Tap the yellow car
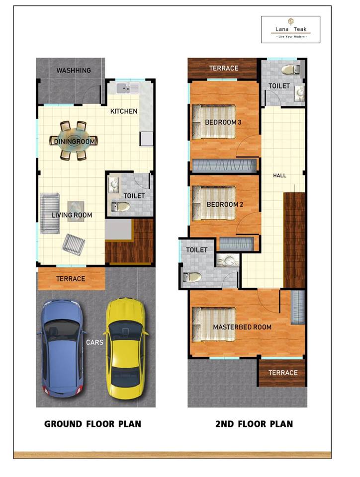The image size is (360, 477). coord(126,348)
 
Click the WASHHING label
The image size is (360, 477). coord(74,71)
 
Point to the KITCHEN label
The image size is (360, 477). coord(124,111)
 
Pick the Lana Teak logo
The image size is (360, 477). coord(290,30)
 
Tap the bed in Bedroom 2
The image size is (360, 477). coord(214,203)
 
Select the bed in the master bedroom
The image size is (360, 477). coord(214,324)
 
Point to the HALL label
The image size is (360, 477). coord(279,175)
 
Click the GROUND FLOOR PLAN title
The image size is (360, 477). coord(92,424)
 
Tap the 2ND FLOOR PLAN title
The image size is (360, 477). coord(254,424)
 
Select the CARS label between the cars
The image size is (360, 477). coord(94,342)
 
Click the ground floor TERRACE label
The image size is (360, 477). coord(71,279)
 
